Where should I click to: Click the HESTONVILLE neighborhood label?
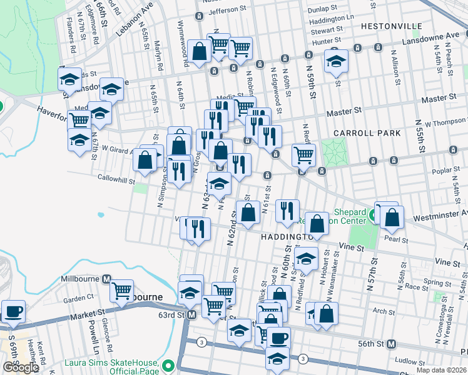[390, 27]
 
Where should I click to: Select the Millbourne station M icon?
[106, 279]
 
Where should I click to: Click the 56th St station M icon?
[392, 344]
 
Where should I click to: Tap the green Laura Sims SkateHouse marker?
[168, 365]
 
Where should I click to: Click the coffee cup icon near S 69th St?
[13, 310]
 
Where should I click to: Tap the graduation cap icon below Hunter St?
[336, 61]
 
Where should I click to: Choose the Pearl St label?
[396, 239]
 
